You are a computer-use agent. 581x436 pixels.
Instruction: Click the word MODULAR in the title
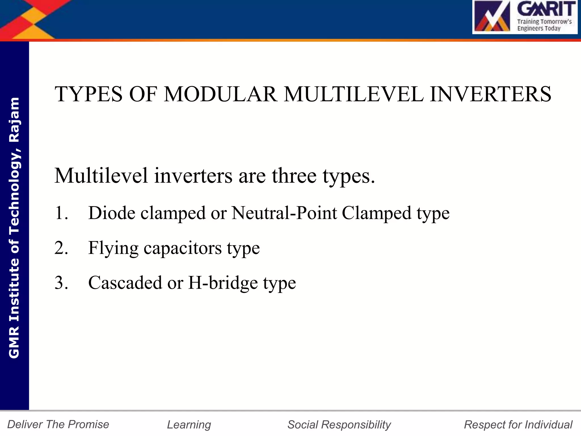[220, 94]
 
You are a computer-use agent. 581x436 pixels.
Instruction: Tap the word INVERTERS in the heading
[491, 94]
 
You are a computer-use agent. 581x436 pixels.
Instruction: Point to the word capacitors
[182, 248]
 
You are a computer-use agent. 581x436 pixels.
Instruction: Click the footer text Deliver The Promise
[58, 424]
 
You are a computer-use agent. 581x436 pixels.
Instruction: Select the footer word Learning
[189, 425]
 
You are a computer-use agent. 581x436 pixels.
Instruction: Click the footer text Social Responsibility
[339, 425]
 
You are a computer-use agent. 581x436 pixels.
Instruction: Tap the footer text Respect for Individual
[518, 425]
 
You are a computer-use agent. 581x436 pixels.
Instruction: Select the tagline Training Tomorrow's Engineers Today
[544, 25]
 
